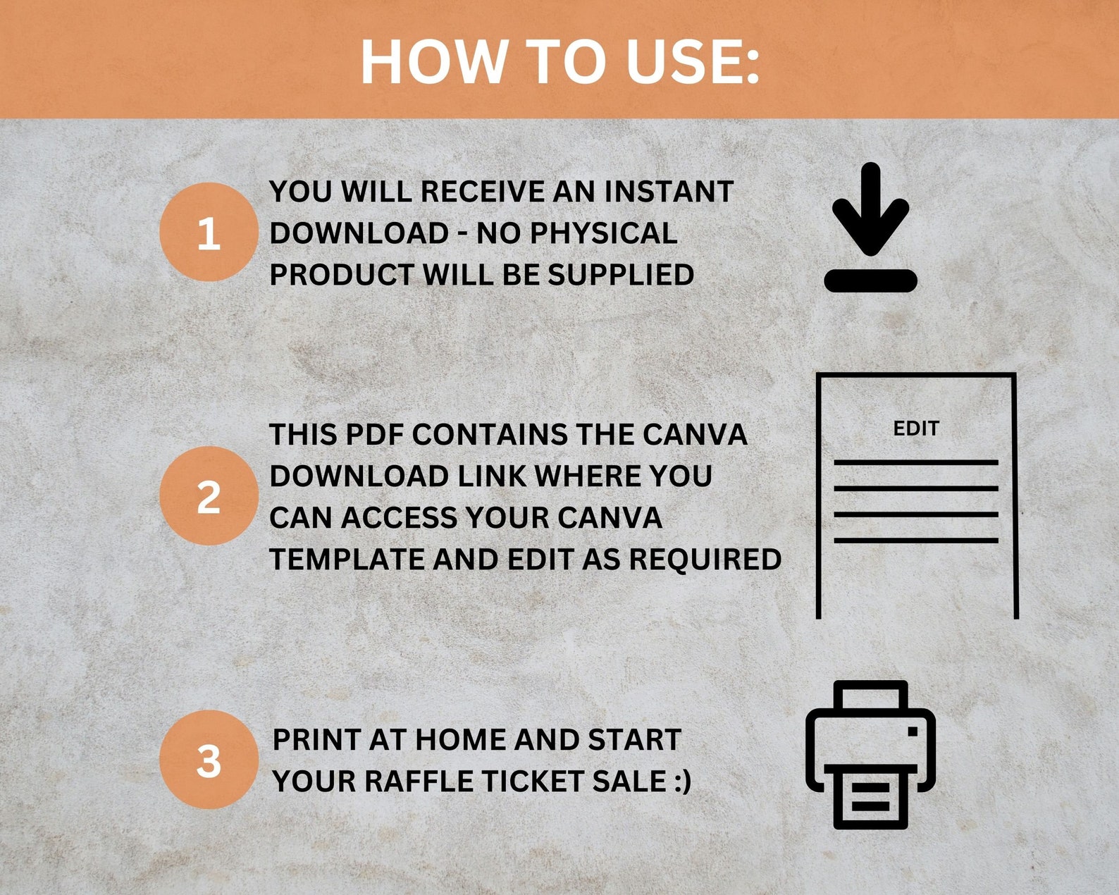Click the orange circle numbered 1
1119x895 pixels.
tap(209, 233)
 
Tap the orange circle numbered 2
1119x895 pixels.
tap(209, 496)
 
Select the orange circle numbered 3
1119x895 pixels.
tap(209, 760)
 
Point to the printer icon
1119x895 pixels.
tap(870, 754)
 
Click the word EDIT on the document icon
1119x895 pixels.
tap(915, 428)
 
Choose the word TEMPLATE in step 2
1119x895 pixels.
tap(345, 560)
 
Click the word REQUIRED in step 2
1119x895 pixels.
tap(705, 560)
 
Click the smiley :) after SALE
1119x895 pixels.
tap(681, 782)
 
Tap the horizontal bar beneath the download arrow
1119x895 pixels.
tap(870, 280)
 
